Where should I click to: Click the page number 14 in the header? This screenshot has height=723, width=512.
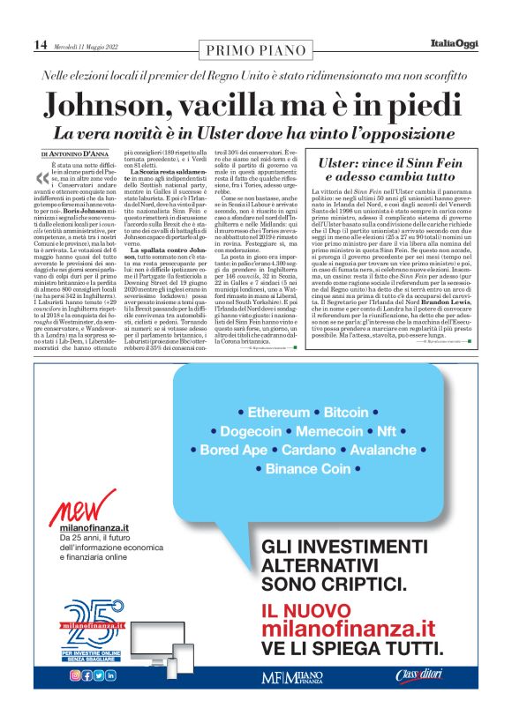click(x=40, y=44)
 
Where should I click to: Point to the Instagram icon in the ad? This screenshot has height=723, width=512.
click(x=76, y=675)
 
